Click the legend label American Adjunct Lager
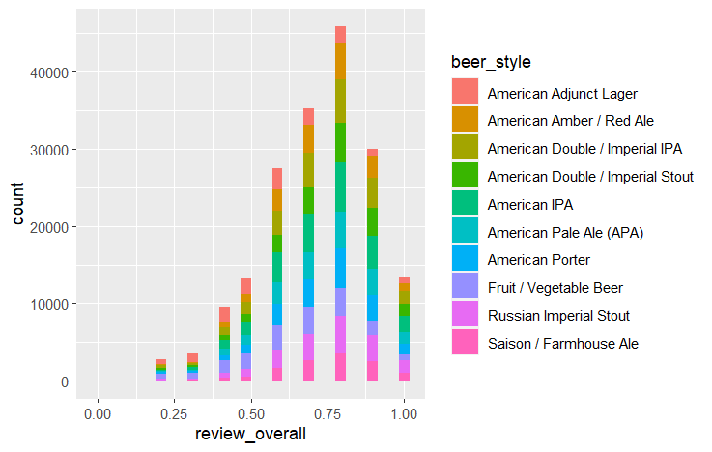(x=562, y=94)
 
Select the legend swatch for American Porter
(x=467, y=260)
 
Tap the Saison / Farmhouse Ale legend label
(x=563, y=343)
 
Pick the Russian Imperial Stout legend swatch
(x=467, y=315)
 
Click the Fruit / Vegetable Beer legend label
(x=555, y=288)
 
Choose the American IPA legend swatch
(x=467, y=204)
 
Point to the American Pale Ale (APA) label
(x=565, y=232)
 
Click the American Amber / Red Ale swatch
(x=467, y=121)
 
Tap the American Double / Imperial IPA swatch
(x=467, y=149)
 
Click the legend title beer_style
(x=491, y=62)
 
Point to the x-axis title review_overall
(x=250, y=434)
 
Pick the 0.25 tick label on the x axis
(x=173, y=413)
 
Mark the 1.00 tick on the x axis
(x=404, y=413)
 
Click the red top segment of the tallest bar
(x=340, y=35)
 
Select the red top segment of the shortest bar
(x=161, y=362)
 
